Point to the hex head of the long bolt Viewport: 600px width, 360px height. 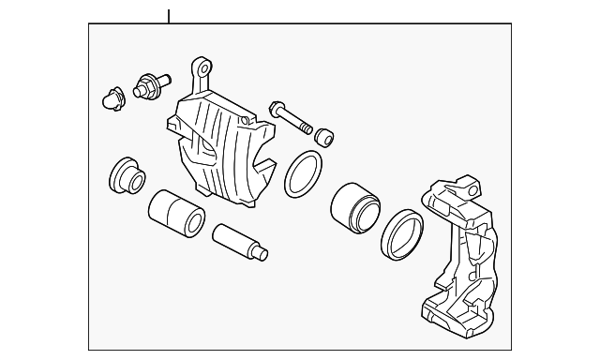(277, 110)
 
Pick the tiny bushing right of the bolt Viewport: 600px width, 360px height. (324, 135)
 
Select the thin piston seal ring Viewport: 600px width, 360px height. (303, 173)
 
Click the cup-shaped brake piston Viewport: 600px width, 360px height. (354, 205)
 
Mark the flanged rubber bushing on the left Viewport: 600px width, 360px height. (126, 173)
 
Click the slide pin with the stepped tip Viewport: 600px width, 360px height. (240, 241)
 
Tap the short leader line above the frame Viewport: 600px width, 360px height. (169, 17)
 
